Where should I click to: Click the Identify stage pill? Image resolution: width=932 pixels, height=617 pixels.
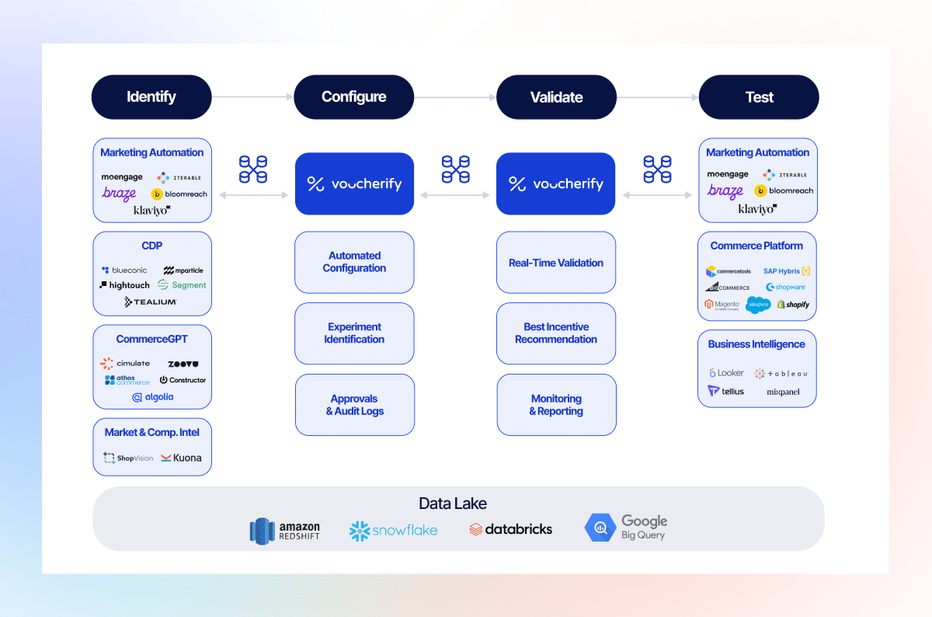pyautogui.click(x=151, y=97)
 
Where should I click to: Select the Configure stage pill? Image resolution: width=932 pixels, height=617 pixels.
pyautogui.click(x=354, y=97)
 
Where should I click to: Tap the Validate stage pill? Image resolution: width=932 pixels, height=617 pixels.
pyautogui.click(x=556, y=97)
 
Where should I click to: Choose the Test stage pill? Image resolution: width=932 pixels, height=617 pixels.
pyautogui.click(x=759, y=97)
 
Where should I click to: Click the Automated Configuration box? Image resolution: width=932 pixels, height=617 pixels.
pyautogui.click(x=354, y=262)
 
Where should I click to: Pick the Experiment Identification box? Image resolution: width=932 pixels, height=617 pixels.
pyautogui.click(x=354, y=333)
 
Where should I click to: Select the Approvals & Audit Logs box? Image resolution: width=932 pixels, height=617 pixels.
pyautogui.click(x=355, y=405)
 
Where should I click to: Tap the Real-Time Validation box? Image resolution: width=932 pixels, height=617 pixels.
pyautogui.click(x=556, y=263)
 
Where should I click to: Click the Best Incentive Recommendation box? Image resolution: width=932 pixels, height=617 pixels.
pyautogui.click(x=556, y=333)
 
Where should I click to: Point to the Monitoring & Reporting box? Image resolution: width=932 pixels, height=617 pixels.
pyautogui.click(x=556, y=405)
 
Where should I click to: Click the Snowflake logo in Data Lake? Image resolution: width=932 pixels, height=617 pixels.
pyautogui.click(x=394, y=531)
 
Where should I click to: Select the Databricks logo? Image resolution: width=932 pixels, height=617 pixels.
pyautogui.click(x=511, y=529)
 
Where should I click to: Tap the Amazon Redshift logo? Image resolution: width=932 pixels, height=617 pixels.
pyautogui.click(x=285, y=531)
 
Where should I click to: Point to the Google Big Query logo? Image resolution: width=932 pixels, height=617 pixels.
pyautogui.click(x=626, y=528)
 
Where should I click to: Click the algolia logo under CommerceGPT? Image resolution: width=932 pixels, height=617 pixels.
pyautogui.click(x=152, y=397)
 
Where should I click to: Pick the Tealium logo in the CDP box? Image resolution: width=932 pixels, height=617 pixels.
pyautogui.click(x=151, y=302)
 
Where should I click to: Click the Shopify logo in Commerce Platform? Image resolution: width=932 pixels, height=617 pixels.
pyautogui.click(x=793, y=305)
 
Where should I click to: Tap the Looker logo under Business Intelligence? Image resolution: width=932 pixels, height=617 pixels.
pyautogui.click(x=726, y=373)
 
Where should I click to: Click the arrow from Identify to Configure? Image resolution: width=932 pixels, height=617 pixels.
pyautogui.click(x=252, y=97)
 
